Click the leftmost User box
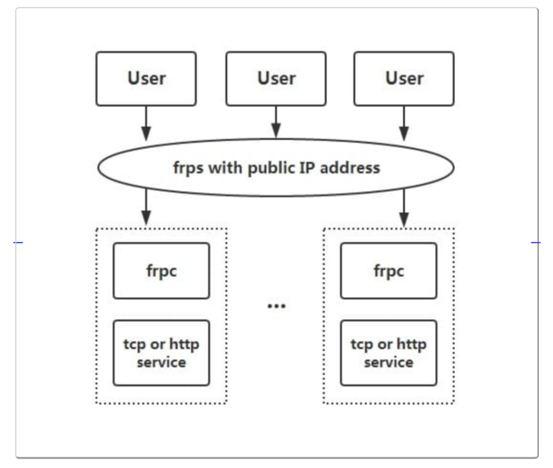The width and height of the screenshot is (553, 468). (146, 79)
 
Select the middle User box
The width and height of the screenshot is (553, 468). (276, 79)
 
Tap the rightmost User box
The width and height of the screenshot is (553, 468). (404, 79)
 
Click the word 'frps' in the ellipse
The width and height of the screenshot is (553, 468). (188, 168)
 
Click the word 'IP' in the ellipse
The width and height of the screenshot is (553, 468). (307, 167)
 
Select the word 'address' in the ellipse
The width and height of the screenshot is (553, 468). (350, 167)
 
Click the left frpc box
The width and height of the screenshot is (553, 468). (161, 270)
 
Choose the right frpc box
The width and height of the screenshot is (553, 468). (389, 270)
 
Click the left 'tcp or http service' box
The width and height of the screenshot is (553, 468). (161, 353)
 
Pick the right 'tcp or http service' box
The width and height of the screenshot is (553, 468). (389, 353)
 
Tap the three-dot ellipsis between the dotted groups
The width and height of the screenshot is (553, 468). (276, 306)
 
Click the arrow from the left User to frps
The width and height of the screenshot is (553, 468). (146, 123)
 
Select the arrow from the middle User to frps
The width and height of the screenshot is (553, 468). (276, 121)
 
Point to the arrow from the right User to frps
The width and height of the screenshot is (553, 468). (404, 123)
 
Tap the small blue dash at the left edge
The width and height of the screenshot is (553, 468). (18, 242)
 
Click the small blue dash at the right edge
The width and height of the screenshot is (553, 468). (536, 242)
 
